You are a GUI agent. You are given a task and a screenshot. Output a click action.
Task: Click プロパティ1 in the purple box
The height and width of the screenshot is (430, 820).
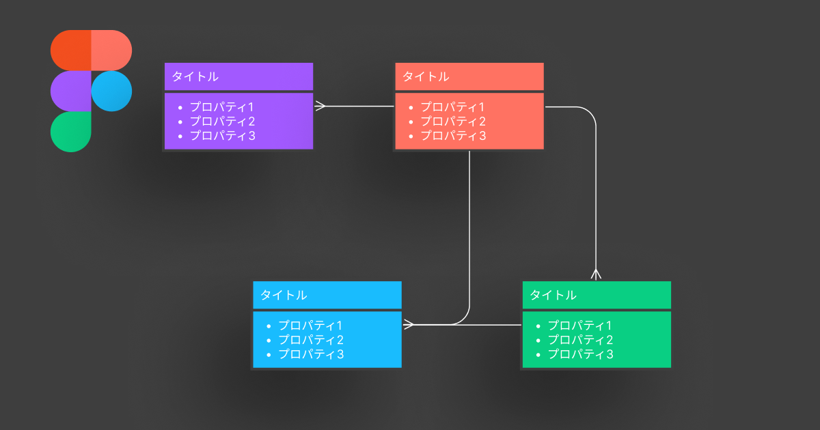[x=221, y=106]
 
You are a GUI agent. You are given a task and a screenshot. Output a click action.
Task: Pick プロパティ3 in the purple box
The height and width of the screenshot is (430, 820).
[x=221, y=136]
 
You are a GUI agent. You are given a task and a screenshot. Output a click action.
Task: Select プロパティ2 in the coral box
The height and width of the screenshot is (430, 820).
[x=452, y=121]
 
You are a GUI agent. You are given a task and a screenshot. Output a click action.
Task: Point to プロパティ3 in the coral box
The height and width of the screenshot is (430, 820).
[x=452, y=136]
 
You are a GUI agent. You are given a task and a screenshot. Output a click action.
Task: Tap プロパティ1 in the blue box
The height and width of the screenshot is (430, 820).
[x=310, y=325]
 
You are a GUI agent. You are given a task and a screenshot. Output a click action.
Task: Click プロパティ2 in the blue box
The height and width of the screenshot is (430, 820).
[x=310, y=340]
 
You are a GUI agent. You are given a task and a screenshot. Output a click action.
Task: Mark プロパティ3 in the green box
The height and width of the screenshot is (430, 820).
[x=579, y=354]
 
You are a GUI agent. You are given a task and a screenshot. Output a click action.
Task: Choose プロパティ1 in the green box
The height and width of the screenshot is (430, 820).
[x=579, y=325]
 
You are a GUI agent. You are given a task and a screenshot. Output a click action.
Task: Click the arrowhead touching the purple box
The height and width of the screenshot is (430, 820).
[x=320, y=106]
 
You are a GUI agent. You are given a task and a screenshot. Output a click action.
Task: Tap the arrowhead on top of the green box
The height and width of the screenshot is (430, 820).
[x=596, y=274]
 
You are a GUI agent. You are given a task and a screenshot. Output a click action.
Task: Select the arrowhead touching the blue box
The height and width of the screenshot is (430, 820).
[x=409, y=325]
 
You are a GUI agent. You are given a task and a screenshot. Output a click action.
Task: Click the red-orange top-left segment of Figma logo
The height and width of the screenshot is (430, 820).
[x=71, y=50]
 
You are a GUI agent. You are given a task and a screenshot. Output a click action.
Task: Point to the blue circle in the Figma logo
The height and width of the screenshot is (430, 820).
[x=111, y=91]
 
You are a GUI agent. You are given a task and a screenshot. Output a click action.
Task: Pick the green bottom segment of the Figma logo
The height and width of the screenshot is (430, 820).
[x=71, y=131]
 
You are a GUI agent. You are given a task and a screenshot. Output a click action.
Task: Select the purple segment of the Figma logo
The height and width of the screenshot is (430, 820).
[x=71, y=91]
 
